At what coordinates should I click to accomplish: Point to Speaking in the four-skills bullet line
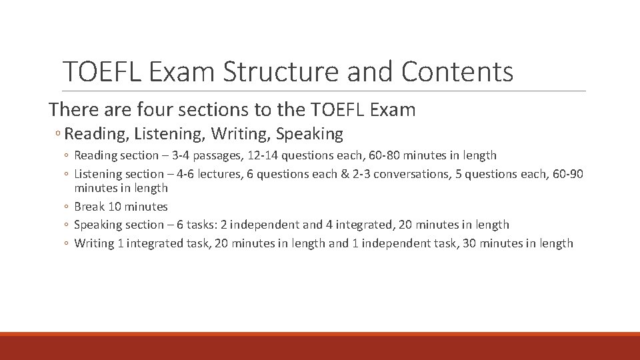pyautogui.click(x=309, y=134)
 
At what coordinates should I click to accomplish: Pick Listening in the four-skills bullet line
pyautogui.click(x=169, y=134)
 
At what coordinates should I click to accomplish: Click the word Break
pyautogui.click(x=89, y=207)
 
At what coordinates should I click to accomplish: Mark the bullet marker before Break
pyautogui.click(x=67, y=207)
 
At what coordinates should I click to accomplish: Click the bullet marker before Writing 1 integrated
pyautogui.click(x=67, y=244)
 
